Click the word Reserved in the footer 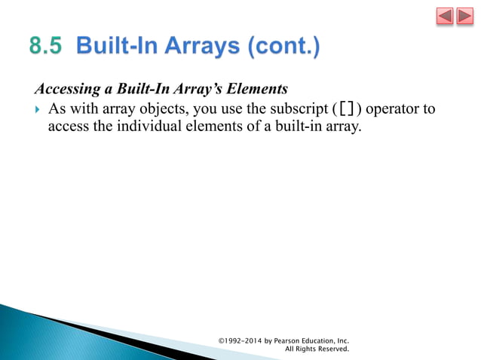tap(332, 349)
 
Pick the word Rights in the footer tap(304, 349)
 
